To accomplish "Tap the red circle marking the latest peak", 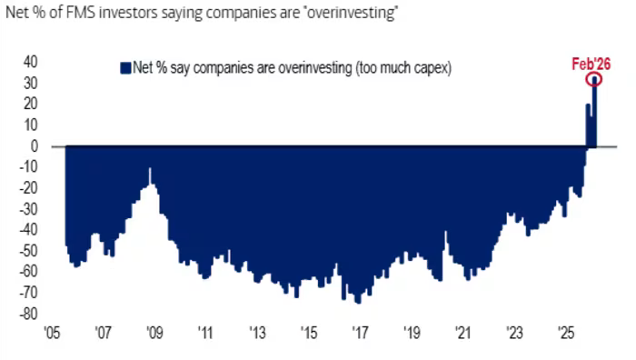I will click(x=594, y=80).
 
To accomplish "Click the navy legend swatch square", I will click(x=124, y=67).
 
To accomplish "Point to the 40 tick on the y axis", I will click(x=30, y=62).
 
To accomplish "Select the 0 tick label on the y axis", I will click(x=34, y=145).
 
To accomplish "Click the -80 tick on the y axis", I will click(x=28, y=313).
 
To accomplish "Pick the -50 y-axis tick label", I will click(x=28, y=250).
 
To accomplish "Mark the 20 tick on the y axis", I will click(x=30, y=104).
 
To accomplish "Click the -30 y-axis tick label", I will click(x=28, y=208).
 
